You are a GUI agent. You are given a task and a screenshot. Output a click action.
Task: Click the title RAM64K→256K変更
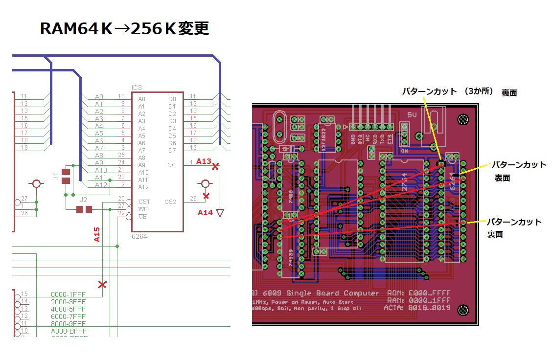(124, 29)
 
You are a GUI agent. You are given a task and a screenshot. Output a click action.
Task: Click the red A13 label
(203, 161)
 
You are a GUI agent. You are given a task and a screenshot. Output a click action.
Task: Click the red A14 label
(205, 213)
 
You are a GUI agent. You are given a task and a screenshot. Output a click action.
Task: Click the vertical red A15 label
(97, 235)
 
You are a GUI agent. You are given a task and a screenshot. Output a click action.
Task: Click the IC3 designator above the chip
(137, 88)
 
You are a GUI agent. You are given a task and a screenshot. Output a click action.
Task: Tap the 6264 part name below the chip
(139, 236)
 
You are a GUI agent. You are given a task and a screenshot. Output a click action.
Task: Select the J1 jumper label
(57, 177)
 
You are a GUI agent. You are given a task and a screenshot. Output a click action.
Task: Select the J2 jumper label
(84, 200)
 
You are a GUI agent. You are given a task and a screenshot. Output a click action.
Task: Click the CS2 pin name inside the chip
(170, 202)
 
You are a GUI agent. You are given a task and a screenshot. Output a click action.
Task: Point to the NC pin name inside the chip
(171, 165)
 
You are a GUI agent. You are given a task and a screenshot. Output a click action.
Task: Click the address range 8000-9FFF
(69, 324)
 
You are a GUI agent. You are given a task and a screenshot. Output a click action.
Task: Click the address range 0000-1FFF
(69, 294)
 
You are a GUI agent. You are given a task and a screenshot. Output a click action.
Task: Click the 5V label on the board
(412, 114)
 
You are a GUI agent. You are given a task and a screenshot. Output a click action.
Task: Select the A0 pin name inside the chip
(142, 99)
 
